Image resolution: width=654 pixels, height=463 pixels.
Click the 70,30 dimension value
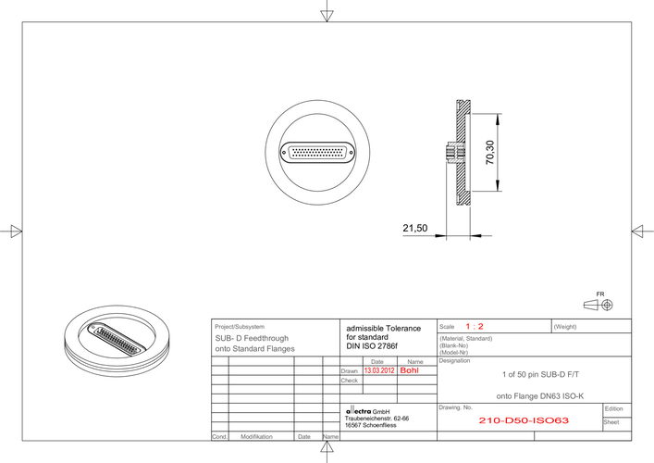(x=490, y=153)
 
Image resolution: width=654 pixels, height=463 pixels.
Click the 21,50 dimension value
(x=415, y=229)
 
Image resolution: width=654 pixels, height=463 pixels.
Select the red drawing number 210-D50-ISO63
(x=524, y=420)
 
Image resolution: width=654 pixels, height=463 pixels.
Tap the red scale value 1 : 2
(x=475, y=327)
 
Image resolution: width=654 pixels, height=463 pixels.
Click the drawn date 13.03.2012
(x=379, y=370)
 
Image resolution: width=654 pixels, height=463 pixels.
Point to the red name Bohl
(x=409, y=370)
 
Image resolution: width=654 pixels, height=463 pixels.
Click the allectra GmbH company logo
(x=368, y=411)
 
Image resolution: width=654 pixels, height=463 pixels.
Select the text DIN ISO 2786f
(x=372, y=346)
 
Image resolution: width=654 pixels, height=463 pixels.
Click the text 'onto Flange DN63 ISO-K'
(x=540, y=396)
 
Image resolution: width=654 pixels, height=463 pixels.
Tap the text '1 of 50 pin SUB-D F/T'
(x=540, y=374)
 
